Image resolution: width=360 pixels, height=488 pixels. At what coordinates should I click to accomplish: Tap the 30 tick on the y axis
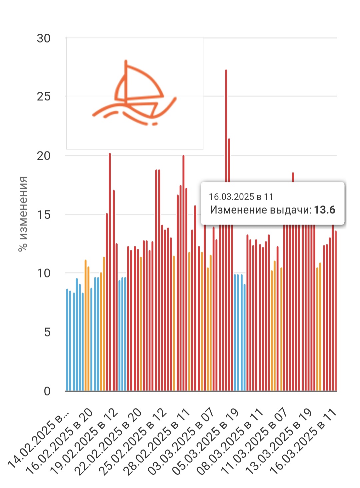44,38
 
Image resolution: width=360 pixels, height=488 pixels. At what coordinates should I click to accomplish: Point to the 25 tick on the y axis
44,96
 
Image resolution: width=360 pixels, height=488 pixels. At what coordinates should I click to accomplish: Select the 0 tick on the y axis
47,391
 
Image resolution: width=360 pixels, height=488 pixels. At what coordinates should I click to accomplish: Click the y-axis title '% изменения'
23,214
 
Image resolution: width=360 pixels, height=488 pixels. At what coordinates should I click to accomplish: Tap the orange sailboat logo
135,93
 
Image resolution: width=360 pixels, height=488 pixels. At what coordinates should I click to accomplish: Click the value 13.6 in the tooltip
324,210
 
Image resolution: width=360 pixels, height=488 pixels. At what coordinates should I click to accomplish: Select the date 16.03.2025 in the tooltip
231,197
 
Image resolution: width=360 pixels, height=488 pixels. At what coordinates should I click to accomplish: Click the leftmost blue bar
67,340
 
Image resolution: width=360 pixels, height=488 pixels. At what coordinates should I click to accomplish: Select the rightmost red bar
336,310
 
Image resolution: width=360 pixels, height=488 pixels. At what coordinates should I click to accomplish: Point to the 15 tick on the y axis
44,214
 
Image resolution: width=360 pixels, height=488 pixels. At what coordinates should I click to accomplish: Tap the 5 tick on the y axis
47,332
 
